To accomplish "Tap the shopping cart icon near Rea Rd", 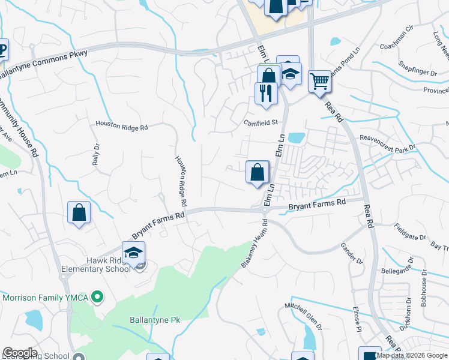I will coord(319,81).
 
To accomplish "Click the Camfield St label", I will coord(261,122).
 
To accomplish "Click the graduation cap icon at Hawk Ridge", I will coord(133,253).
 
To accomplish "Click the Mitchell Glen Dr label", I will coord(303,315).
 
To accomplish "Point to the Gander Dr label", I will coord(352,254).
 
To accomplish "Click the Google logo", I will coord(20,353).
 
